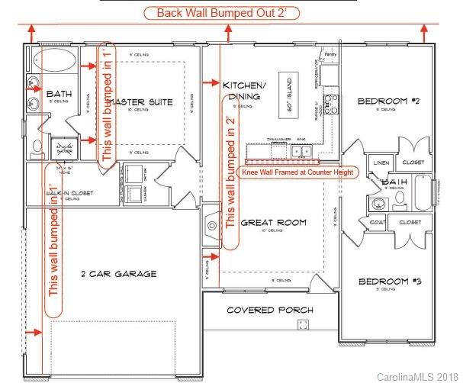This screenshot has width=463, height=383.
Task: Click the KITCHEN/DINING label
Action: click(244, 90)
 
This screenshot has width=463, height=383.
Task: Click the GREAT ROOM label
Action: click(272, 223)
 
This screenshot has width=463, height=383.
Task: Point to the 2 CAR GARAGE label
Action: click(118, 273)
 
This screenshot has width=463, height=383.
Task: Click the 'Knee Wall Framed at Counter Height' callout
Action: click(291, 172)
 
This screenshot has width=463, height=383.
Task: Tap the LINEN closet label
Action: click(379, 163)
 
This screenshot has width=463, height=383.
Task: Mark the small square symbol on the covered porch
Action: click(304, 325)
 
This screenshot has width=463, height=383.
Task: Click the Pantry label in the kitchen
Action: click(330, 55)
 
